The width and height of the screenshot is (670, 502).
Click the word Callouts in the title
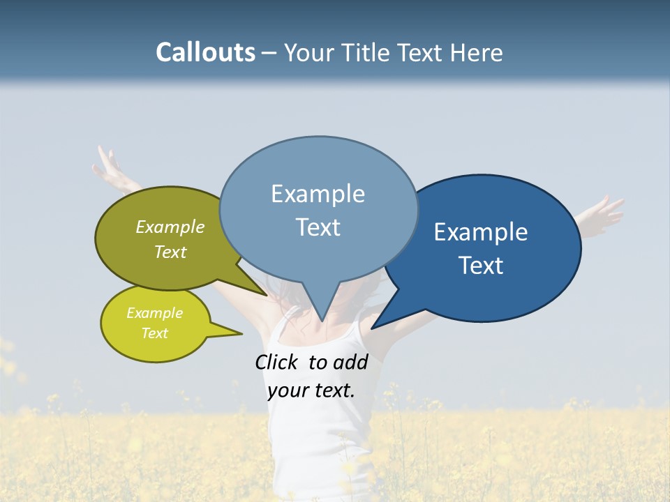click(205, 53)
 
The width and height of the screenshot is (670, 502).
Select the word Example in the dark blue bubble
click(481, 232)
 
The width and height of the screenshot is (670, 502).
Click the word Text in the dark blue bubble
click(481, 266)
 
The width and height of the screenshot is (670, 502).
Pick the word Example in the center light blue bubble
click(318, 194)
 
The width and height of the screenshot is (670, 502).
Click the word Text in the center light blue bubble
click(318, 227)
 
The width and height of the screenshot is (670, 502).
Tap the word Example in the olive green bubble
click(170, 227)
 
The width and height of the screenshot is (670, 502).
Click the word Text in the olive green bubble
click(170, 252)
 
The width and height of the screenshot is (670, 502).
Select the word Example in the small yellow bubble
click(154, 313)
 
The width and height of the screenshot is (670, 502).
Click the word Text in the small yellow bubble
click(154, 333)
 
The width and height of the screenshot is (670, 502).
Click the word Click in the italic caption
click(278, 362)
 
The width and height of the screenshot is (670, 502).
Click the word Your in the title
click(308, 53)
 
